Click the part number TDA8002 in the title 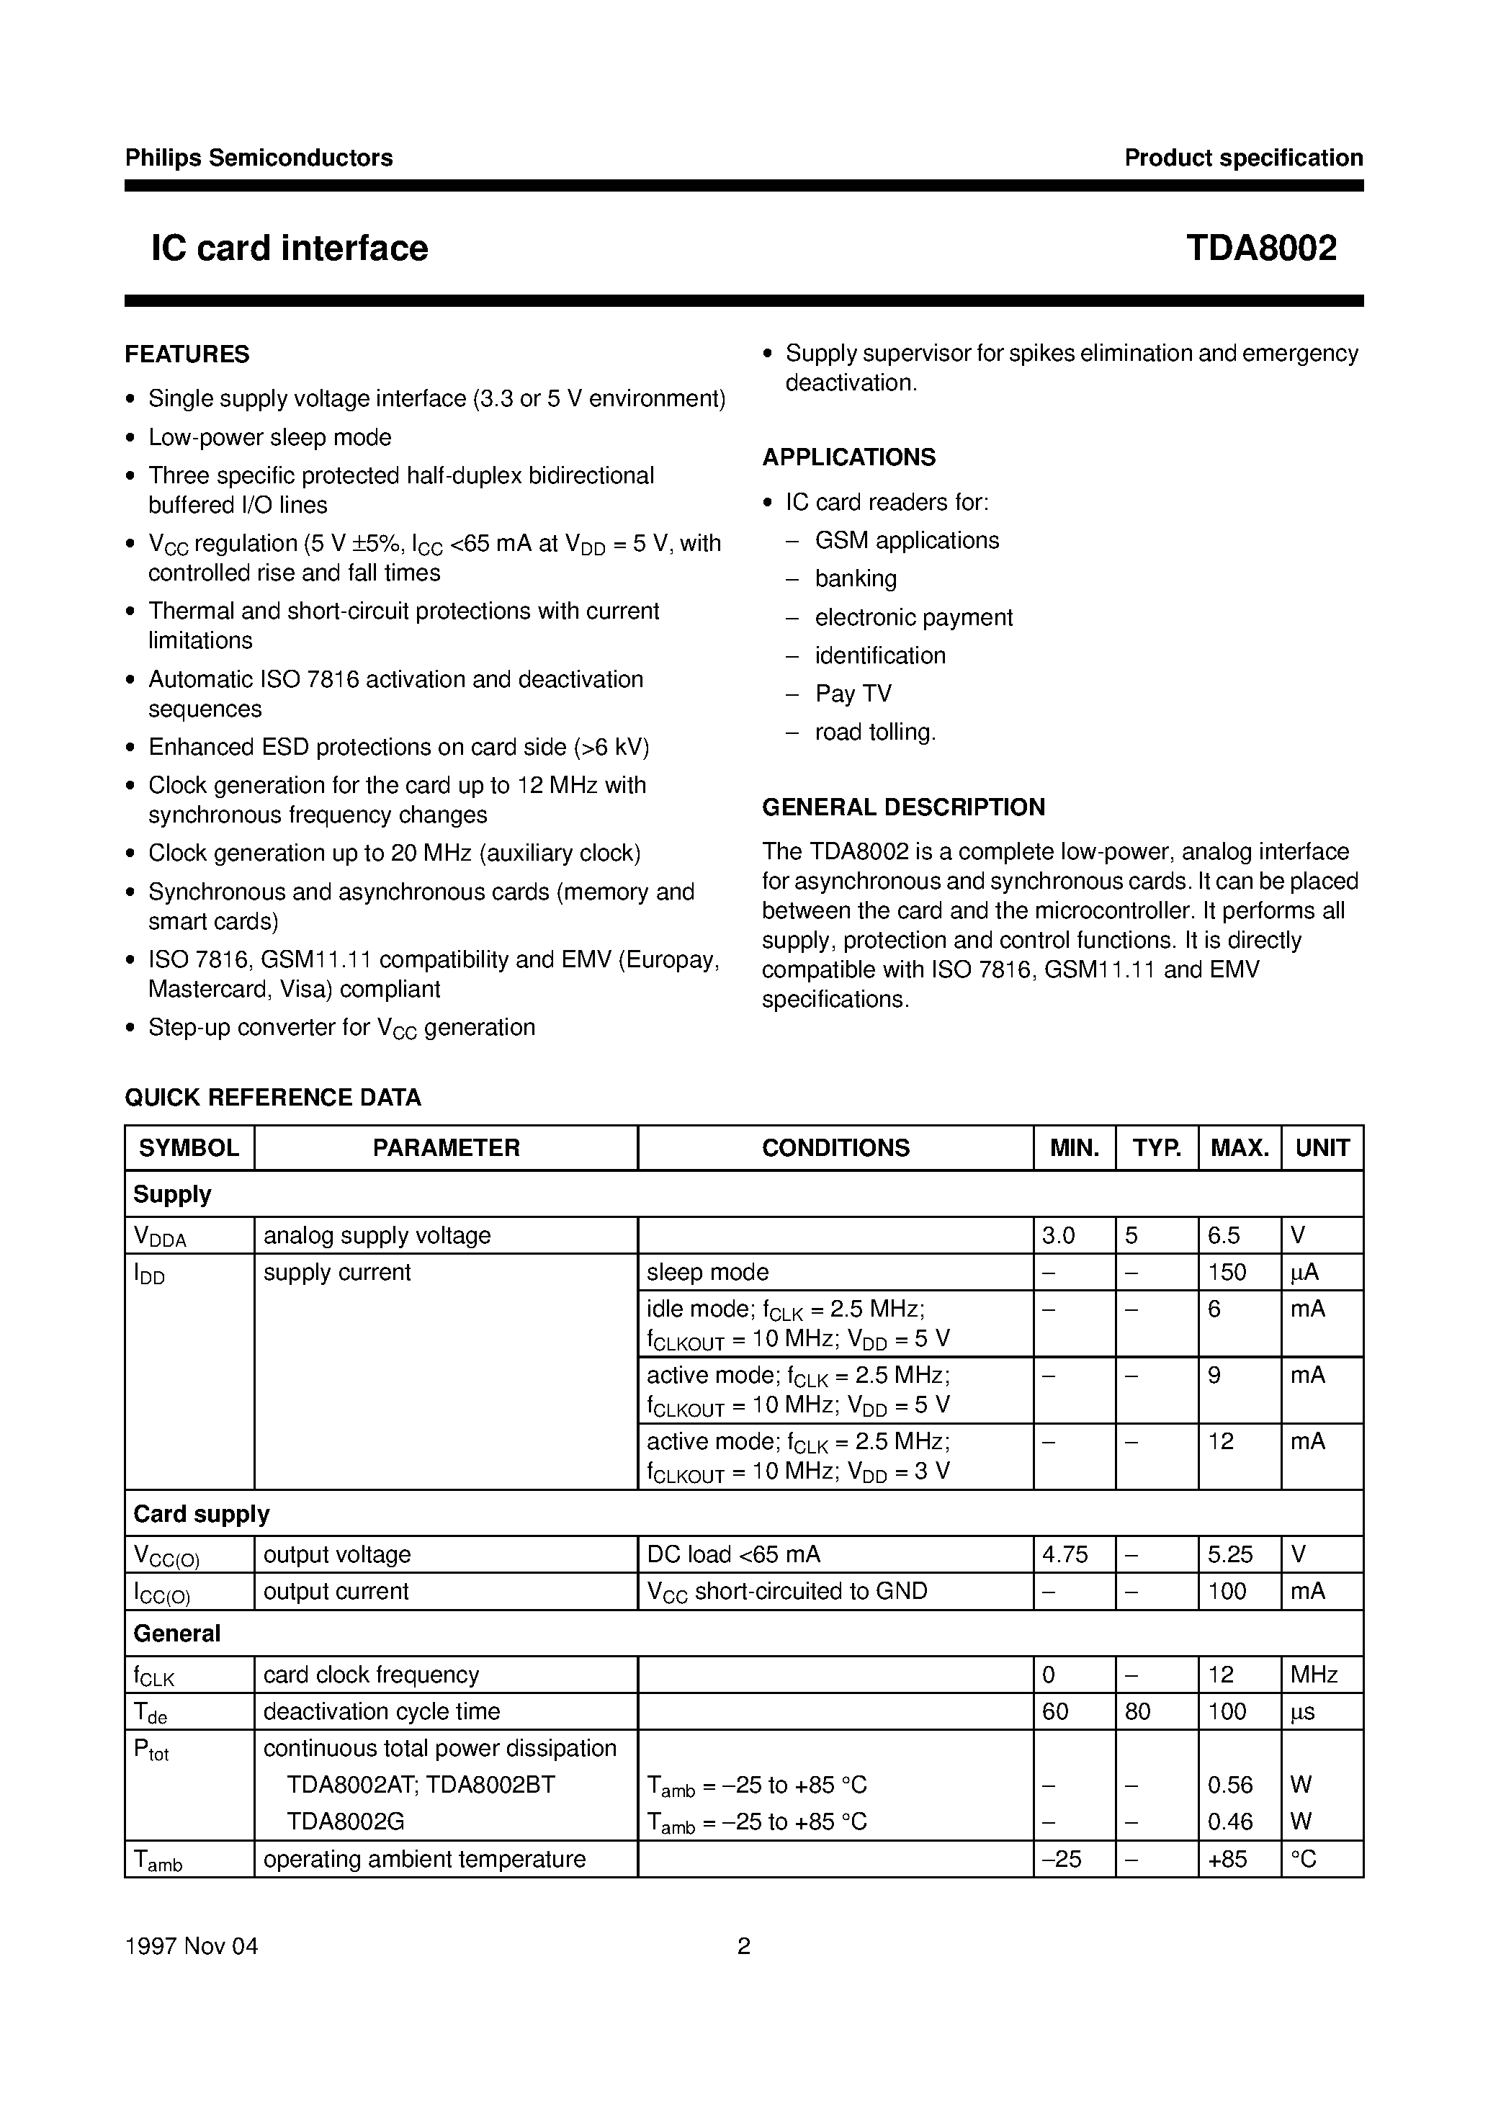1260,248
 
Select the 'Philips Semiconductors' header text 259,158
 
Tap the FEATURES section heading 187,354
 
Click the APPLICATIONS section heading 848,457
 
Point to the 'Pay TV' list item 853,694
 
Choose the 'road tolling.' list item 875,732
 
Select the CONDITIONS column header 835,1147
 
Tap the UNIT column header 1321,1147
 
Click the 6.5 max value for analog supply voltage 1224,1235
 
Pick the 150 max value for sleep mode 1227,1272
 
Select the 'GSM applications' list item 906,540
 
